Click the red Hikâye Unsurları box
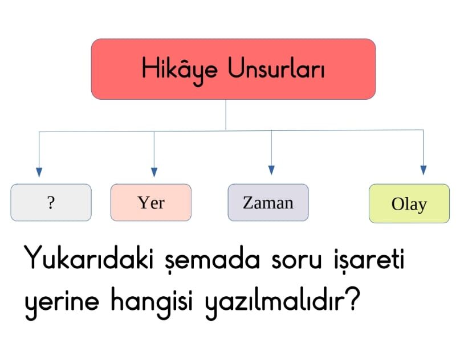233,69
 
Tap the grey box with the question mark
51,202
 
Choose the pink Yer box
151,202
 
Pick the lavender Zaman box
268,202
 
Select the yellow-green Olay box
409,203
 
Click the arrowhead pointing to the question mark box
39,172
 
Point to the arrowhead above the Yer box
154,172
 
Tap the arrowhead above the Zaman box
271,170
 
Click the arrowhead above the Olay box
424,170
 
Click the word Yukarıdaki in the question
89,257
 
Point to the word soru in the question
296,260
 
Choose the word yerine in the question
62,304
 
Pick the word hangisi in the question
152,302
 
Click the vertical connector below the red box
226,114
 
